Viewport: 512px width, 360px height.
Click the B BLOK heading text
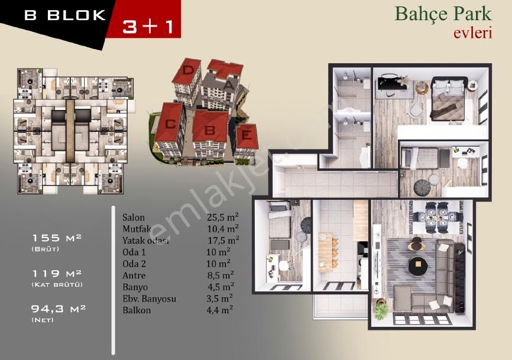click(65, 15)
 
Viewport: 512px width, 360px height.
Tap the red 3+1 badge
click(148, 26)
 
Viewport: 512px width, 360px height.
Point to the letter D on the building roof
click(188, 70)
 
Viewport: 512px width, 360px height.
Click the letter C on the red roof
click(170, 124)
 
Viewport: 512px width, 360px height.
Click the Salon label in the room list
click(133, 218)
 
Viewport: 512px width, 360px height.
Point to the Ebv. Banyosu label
click(149, 299)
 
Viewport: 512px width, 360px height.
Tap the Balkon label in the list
click(137, 310)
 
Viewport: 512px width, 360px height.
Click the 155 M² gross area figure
click(56, 238)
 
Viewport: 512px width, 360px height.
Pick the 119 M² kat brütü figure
click(57, 273)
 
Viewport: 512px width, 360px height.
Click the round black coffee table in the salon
click(417, 264)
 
